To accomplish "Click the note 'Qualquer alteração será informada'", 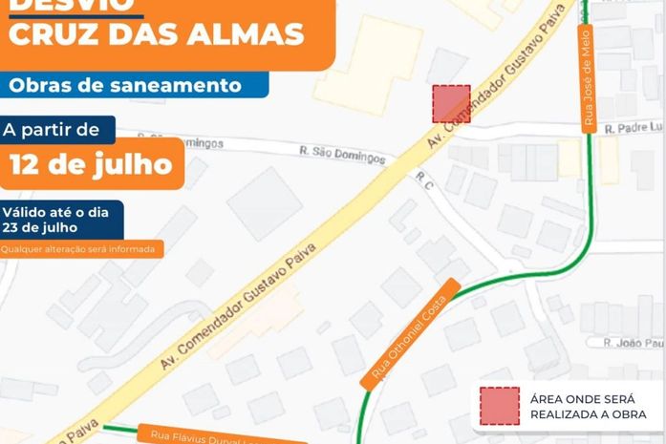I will click(81, 249).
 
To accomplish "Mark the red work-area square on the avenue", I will click(451, 103).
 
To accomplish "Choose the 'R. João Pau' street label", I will click(633, 343).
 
